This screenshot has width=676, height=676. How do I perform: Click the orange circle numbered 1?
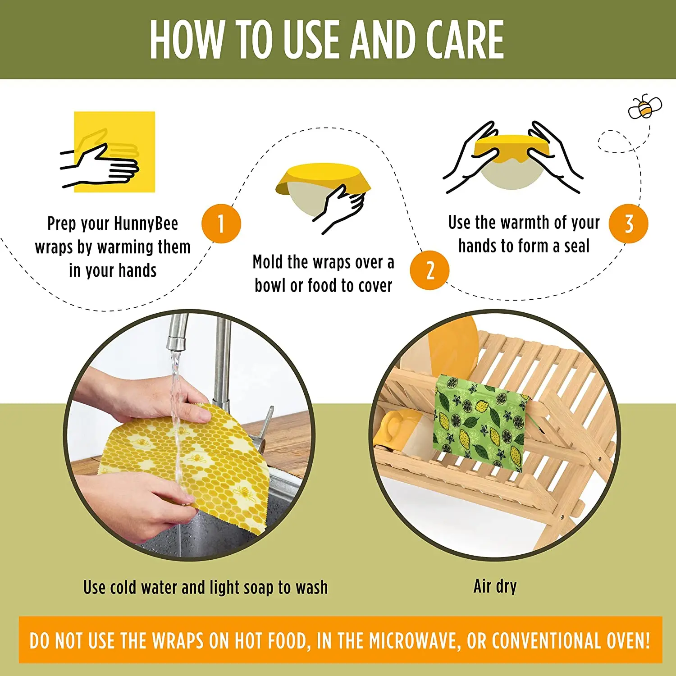tap(221, 224)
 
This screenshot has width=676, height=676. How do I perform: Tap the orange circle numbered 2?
tap(429, 270)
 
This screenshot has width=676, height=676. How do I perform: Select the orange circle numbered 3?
tap(628, 224)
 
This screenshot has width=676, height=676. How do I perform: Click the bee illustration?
tap(645, 107)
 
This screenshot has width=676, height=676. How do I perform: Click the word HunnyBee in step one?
tap(146, 224)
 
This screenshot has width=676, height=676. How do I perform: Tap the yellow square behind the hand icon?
tap(114, 152)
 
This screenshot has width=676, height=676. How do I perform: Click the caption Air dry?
tap(495, 587)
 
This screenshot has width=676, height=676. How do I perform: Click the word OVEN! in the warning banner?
tap(628, 640)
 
